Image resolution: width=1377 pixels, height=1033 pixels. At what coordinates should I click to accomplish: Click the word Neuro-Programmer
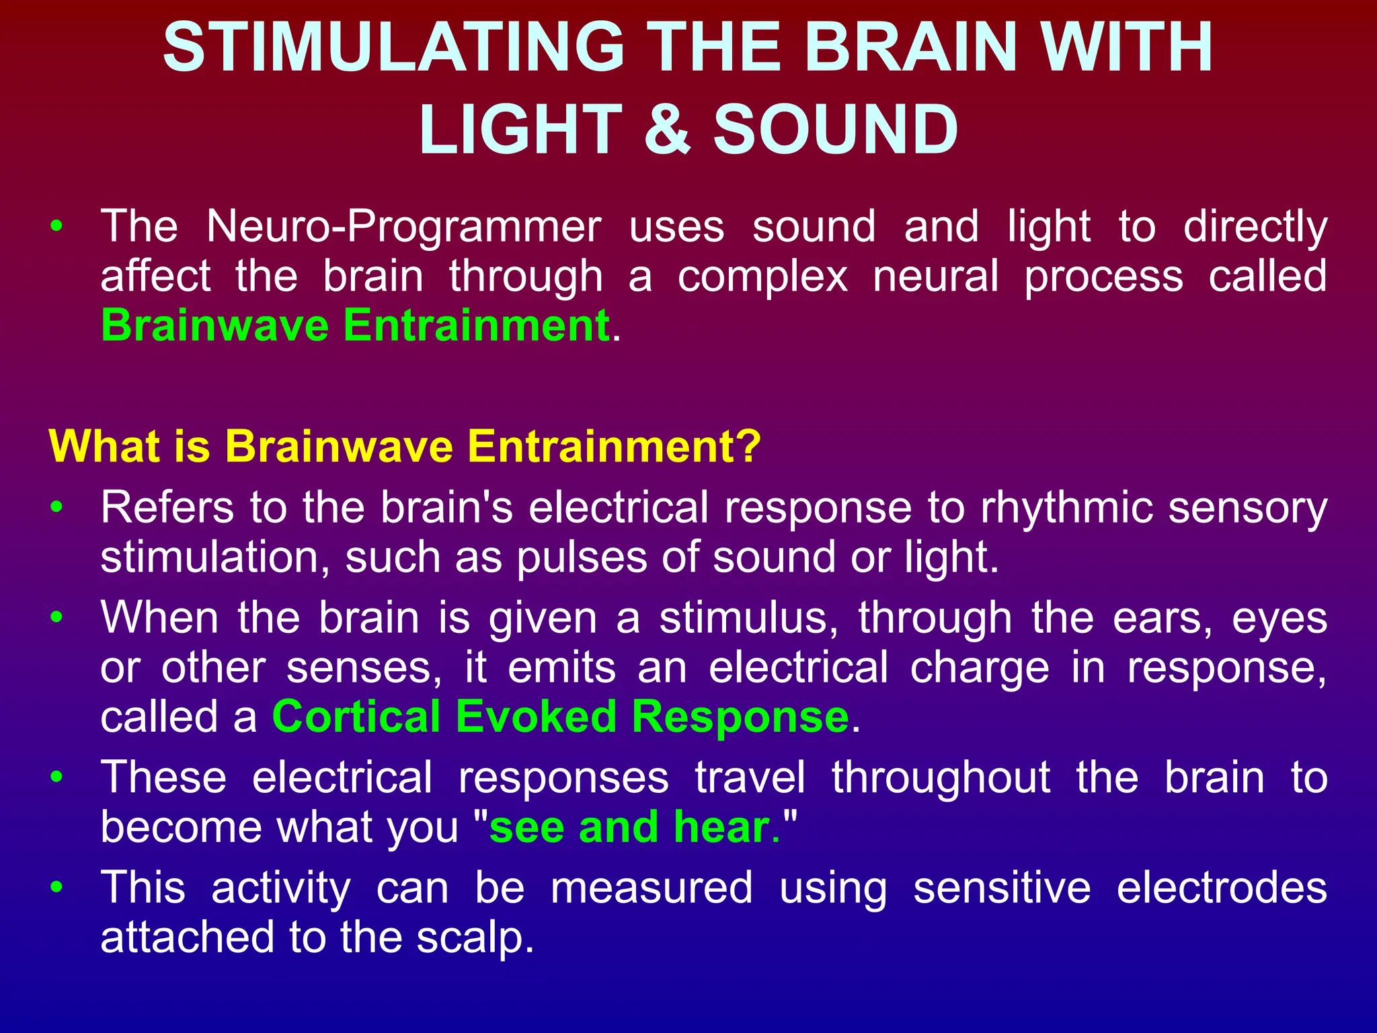click(x=403, y=227)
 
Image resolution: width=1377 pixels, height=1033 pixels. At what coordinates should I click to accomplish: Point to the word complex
click(x=762, y=277)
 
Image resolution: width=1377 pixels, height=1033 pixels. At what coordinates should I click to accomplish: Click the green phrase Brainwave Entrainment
click(x=355, y=326)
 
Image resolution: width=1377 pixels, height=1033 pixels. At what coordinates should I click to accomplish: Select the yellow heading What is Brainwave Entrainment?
click(x=405, y=446)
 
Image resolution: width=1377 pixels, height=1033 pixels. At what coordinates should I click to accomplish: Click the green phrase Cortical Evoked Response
click(x=561, y=716)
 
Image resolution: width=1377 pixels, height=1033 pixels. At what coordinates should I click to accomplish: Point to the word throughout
click(x=941, y=777)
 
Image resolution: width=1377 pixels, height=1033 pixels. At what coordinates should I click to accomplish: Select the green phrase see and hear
click(x=630, y=827)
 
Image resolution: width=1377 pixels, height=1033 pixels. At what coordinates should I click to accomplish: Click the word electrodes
click(x=1222, y=888)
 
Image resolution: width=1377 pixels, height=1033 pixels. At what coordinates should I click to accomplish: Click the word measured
click(x=652, y=888)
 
